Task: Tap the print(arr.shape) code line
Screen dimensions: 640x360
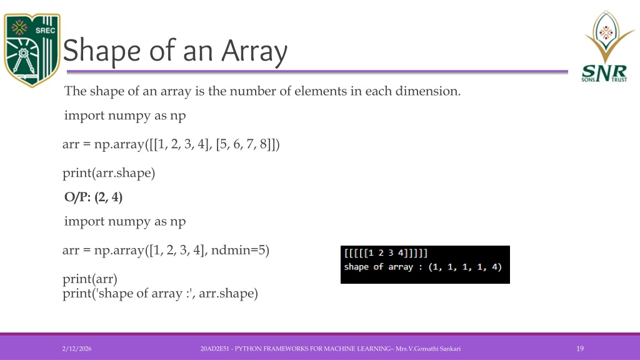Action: [109, 173]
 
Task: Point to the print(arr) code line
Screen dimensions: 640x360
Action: [90, 279]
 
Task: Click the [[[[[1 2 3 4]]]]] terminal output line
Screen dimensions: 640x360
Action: [386, 253]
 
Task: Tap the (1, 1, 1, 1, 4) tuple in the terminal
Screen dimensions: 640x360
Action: [465, 267]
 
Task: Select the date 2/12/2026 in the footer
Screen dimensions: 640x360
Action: [77, 349]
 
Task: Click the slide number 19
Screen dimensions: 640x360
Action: [580, 349]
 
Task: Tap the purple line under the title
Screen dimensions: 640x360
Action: [317, 72]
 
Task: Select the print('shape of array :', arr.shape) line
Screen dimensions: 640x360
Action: [160, 294]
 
